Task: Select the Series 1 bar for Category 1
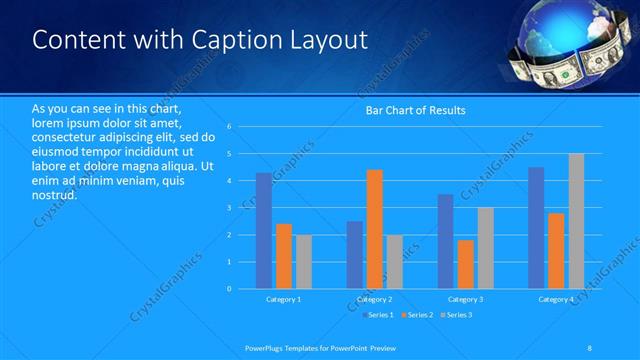(x=263, y=231)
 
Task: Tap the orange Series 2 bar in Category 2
(x=375, y=229)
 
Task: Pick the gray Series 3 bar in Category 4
(x=576, y=221)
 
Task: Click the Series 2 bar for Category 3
(x=466, y=264)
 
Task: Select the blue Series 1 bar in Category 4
(x=536, y=228)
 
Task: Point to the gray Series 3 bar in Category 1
(x=303, y=262)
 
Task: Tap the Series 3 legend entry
(x=457, y=315)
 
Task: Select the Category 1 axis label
(x=283, y=299)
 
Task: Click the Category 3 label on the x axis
(x=465, y=299)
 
